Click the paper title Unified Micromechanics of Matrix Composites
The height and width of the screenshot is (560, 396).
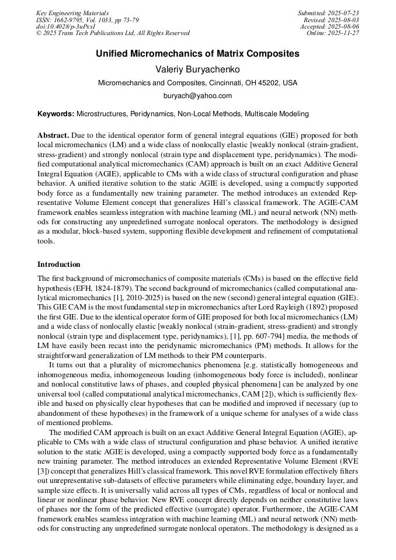tap(197, 54)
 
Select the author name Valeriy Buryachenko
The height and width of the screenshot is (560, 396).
tap(197, 69)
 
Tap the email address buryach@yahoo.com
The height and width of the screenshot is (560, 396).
tap(197, 96)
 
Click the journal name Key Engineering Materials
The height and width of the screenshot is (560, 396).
tap(72, 13)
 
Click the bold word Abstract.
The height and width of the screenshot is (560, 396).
tap(53, 134)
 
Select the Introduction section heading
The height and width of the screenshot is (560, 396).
tap(59, 265)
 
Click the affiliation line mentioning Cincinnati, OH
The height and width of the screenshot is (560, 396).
tap(197, 83)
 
